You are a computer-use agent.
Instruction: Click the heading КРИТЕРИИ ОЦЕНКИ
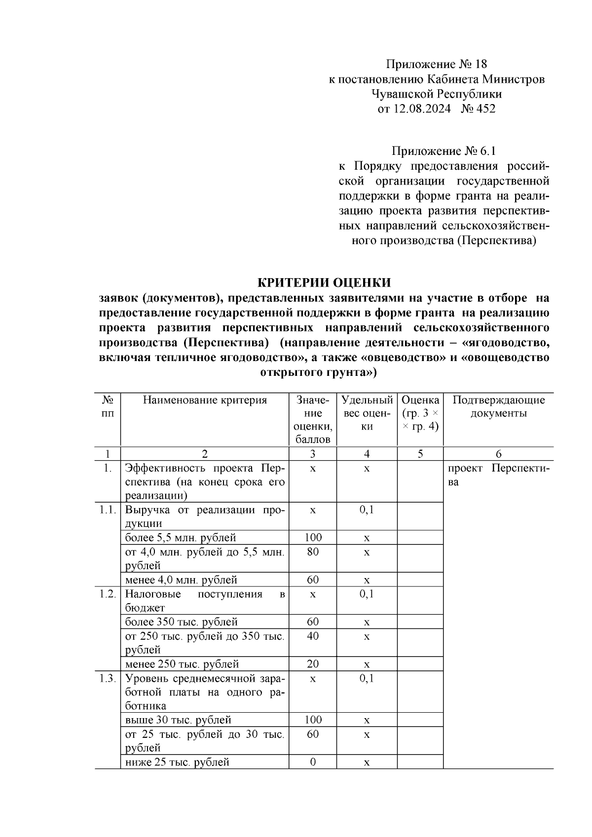pos(324,283)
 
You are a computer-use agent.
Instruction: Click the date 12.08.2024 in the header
pos(421,109)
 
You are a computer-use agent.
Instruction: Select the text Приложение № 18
pos(436,64)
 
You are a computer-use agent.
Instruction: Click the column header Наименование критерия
pos(205,400)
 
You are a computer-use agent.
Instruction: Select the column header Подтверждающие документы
pos(498,406)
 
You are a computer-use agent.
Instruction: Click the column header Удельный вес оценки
pos(367,413)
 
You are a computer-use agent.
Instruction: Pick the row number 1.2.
pos(107,594)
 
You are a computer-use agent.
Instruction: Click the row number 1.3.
pos(107,678)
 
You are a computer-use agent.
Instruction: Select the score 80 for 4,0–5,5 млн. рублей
pos(313,552)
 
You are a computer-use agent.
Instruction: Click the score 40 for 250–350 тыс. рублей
pos(313,636)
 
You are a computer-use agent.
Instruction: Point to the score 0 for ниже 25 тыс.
pos(313,762)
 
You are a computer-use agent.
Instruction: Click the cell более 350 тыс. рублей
pos(181,622)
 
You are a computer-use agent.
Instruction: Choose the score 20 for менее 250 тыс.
pos(313,664)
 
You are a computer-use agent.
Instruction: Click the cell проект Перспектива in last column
pos(498,475)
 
